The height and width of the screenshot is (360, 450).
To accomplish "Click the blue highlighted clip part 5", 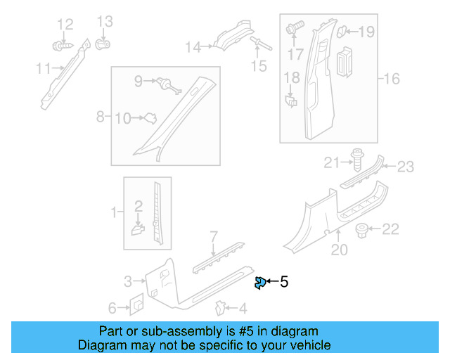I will tap(259, 283).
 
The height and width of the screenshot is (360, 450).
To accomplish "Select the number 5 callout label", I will tap(283, 283).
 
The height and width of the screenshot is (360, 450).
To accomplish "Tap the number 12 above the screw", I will tap(65, 25).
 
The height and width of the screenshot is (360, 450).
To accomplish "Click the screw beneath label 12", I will tap(62, 46).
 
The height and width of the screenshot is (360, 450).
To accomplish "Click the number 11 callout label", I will tap(44, 68).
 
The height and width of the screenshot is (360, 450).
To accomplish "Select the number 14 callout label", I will tap(193, 47).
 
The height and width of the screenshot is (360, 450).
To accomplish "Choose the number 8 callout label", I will tap(101, 115).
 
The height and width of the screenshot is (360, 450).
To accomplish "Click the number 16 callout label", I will tap(391, 79).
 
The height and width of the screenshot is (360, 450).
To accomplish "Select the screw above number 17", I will tap(294, 30).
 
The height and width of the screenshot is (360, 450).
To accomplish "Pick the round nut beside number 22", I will tap(363, 229).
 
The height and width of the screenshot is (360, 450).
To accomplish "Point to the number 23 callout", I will tap(406, 167).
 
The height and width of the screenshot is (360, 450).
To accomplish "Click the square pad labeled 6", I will tap(136, 305).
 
